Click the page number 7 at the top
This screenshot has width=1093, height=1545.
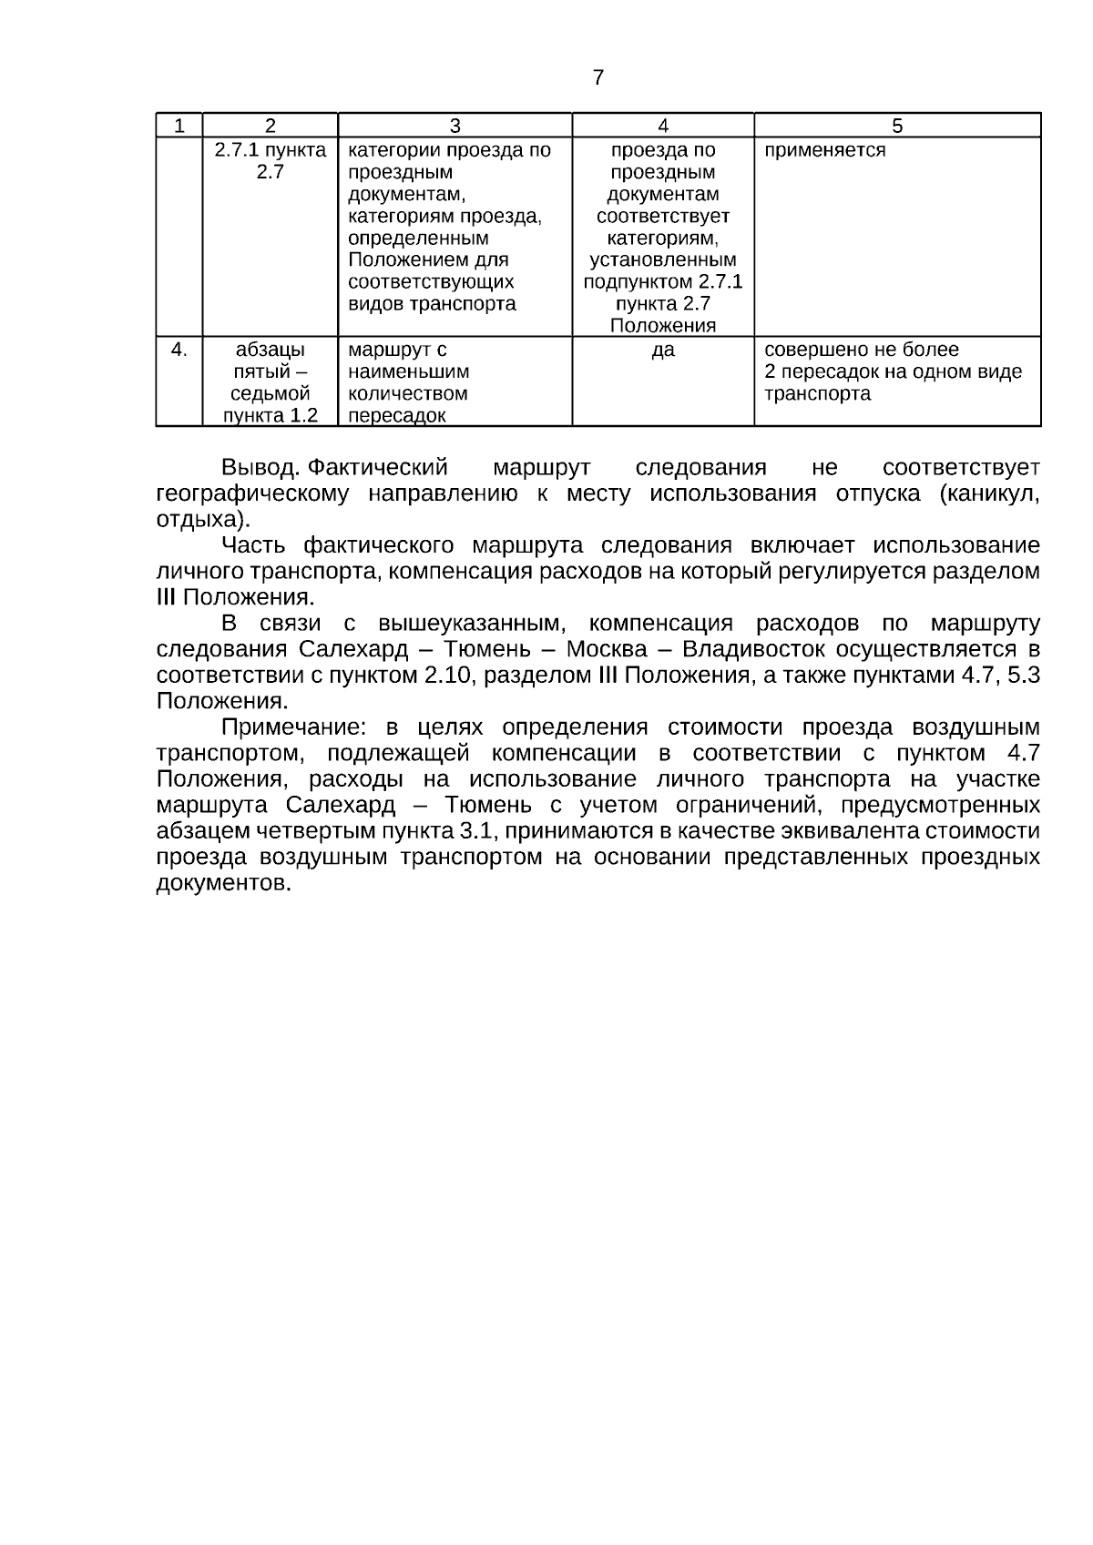(598, 78)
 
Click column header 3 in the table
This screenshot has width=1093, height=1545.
(455, 126)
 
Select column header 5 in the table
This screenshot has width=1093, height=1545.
(897, 126)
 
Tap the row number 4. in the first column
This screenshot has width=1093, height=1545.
(179, 350)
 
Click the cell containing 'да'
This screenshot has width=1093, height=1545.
(663, 350)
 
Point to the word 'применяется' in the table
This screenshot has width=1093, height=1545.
(824, 150)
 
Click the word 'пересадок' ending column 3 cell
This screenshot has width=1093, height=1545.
(397, 416)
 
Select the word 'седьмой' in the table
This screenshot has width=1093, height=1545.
(271, 394)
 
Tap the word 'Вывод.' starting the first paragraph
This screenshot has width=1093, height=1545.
(260, 468)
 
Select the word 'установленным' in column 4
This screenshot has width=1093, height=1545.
(663, 260)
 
